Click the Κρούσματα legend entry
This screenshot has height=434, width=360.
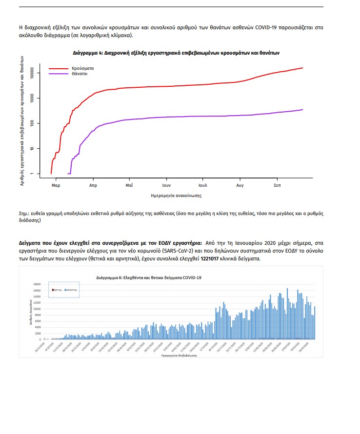[x=80, y=68]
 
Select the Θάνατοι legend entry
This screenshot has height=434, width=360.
[x=79, y=74]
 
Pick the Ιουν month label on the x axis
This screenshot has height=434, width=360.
[x=166, y=185]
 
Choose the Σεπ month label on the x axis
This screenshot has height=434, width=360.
[x=277, y=185]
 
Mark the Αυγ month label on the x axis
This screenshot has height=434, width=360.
[x=240, y=185]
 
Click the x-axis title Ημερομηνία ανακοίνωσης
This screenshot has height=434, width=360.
[x=177, y=195]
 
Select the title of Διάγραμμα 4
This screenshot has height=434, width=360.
[x=176, y=52]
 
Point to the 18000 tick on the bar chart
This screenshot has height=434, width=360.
[x=37, y=284]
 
